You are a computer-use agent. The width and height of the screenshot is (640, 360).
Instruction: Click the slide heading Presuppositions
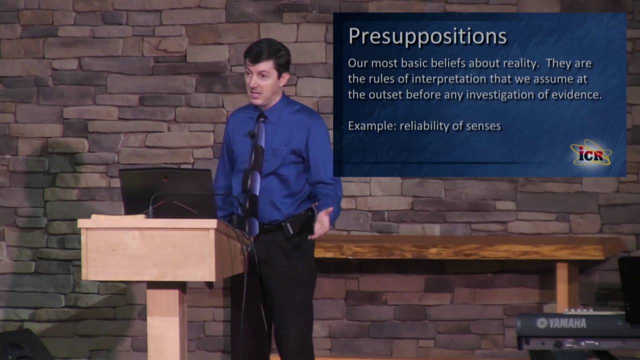427,37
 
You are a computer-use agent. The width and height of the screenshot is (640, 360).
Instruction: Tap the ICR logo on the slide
590,153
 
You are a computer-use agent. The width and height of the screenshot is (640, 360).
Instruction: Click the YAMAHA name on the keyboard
561,323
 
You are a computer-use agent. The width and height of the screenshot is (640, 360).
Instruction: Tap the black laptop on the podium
167,192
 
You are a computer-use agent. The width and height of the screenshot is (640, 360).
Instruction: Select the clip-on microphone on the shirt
251,134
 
